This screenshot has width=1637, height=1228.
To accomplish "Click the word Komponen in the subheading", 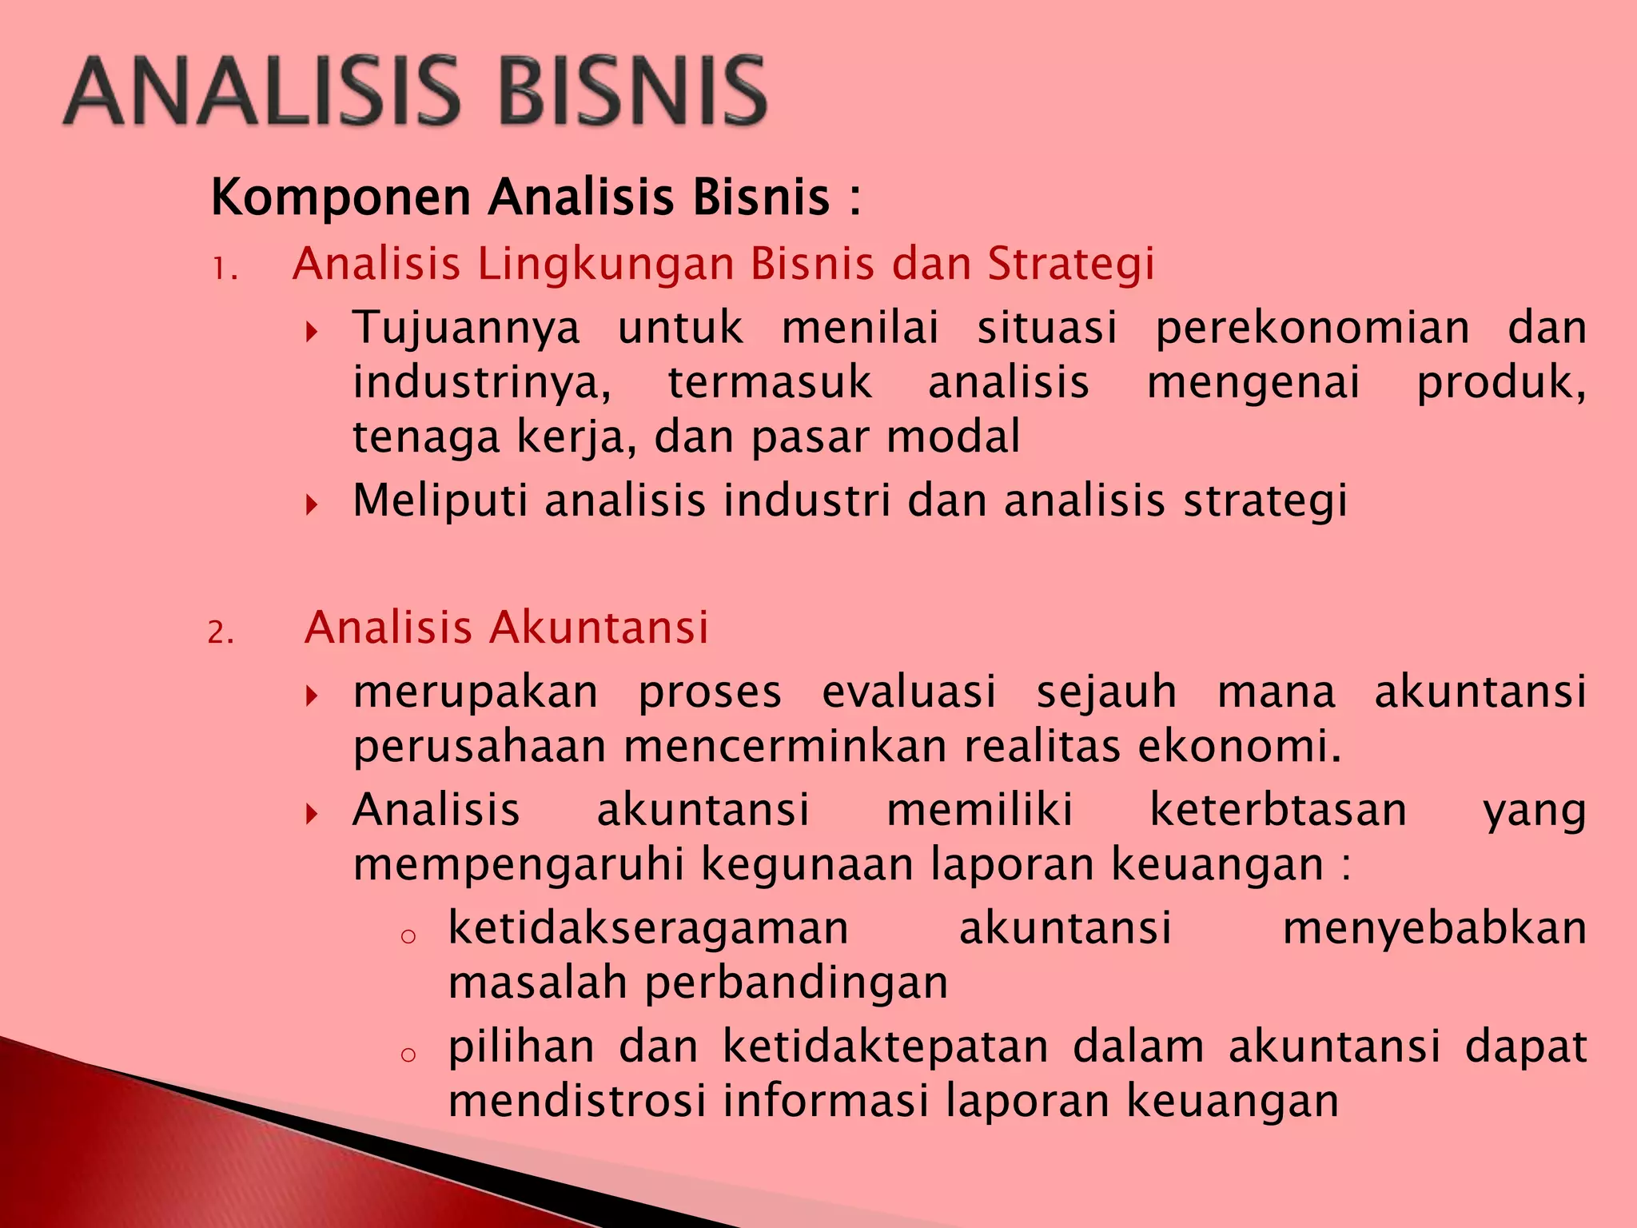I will tap(341, 197).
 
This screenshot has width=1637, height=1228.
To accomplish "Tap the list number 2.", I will tap(220, 633).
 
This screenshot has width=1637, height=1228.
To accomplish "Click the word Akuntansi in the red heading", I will tap(599, 628).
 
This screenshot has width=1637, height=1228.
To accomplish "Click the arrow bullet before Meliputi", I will tap(313, 504).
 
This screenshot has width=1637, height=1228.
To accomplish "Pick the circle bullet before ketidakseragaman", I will tap(408, 936).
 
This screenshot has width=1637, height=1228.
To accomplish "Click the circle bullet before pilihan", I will tap(408, 1055).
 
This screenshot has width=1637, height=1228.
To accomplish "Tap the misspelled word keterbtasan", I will tap(1278, 810).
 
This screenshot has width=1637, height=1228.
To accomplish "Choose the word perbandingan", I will tap(796, 984).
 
